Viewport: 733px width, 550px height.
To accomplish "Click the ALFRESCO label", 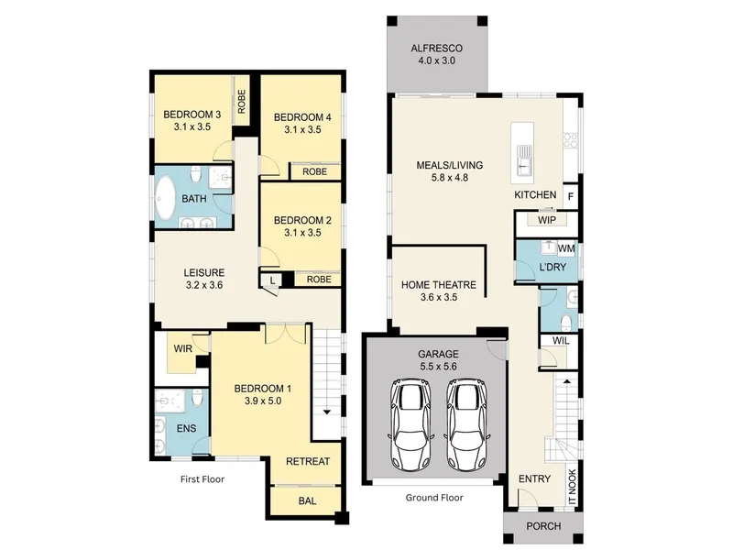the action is point(437,49).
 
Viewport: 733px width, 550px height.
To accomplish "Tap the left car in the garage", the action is point(410,424).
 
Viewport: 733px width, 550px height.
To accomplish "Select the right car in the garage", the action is point(467,424).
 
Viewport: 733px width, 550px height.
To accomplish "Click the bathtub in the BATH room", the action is point(166,198).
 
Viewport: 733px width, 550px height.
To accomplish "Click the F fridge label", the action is point(570,197).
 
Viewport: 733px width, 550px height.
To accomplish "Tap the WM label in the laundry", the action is point(566,248).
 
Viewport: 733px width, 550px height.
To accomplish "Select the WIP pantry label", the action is point(546,220).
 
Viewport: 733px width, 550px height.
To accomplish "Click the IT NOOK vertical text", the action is point(573,488).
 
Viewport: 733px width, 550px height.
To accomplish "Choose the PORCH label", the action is point(543,526).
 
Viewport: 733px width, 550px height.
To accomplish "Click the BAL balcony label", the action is point(307,500).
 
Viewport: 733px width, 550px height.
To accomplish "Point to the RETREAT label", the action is point(308,462).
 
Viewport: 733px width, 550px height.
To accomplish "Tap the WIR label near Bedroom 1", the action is point(182,349).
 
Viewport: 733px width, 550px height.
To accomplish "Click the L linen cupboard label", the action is point(272,281).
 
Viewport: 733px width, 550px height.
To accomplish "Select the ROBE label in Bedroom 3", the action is point(241,102).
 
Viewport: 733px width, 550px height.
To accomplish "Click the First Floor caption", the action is point(202,479).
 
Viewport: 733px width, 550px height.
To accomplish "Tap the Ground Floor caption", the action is point(434,498).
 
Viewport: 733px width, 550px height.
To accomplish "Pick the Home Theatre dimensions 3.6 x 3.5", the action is point(439,297).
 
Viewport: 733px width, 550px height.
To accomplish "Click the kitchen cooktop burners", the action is point(570,140).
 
